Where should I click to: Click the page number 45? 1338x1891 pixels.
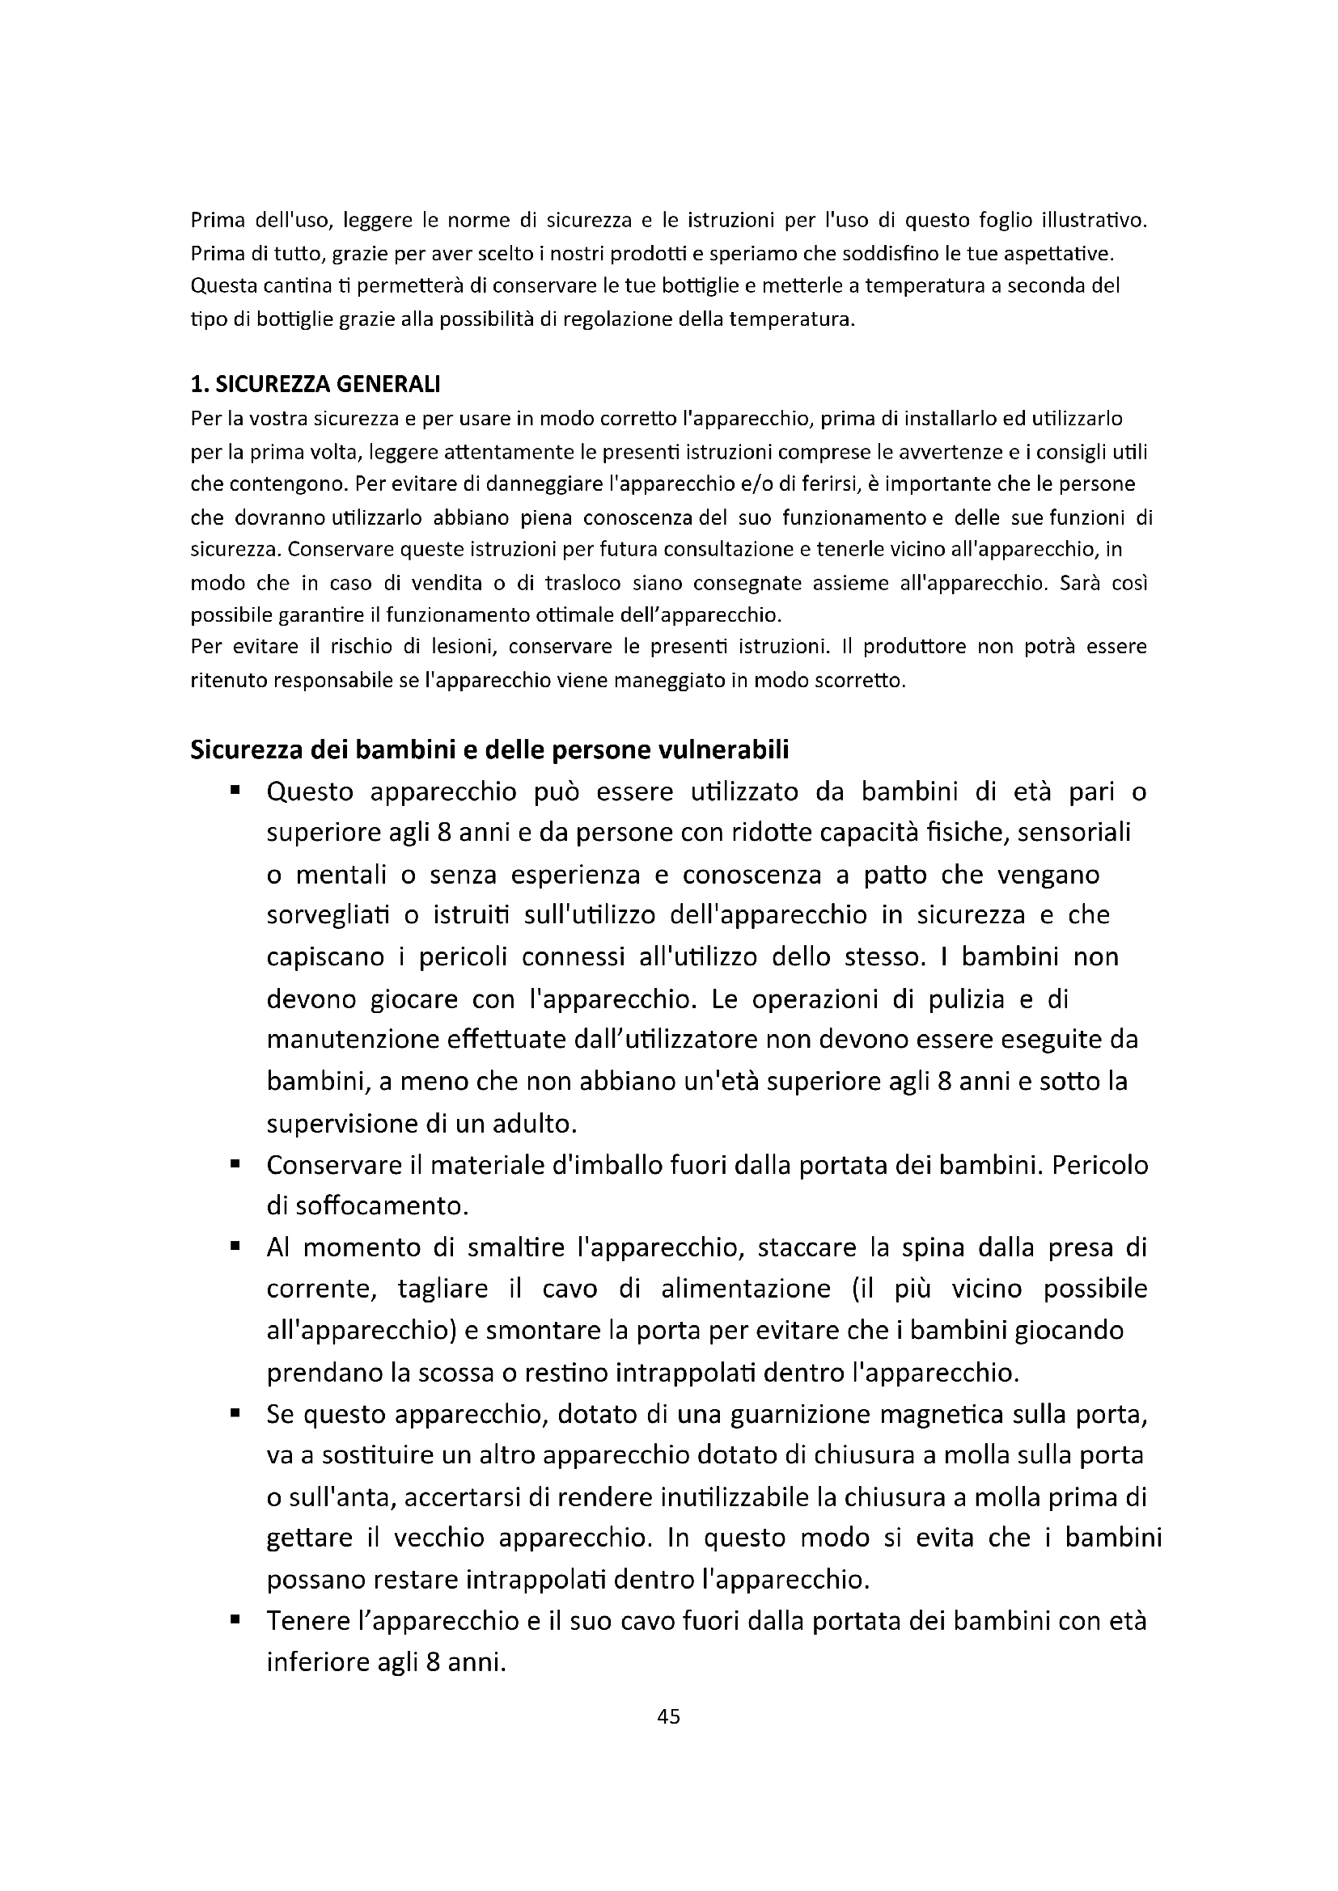[669, 1716]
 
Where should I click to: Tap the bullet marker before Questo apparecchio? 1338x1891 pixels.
[235, 791]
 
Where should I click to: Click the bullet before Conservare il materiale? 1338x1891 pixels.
[235, 1164]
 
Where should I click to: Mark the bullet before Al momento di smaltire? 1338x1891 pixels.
[235, 1247]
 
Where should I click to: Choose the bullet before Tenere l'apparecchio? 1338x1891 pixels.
[235, 1621]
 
